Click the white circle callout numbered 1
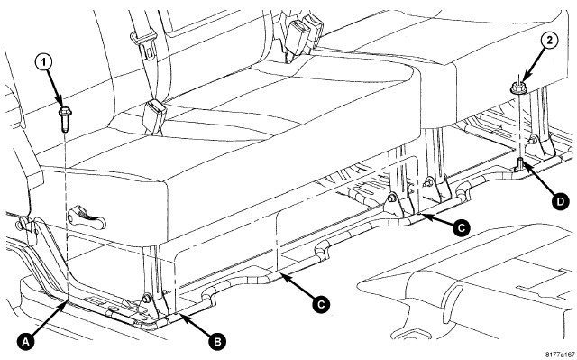pos(44,62)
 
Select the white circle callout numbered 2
pos(549,41)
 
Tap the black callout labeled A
pos(26,342)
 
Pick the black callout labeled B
pos(217,342)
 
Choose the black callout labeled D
pos(559,201)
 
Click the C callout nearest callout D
pos(461,227)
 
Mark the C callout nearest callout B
pos(321,304)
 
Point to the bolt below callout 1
pos(65,119)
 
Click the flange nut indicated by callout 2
pos(517,88)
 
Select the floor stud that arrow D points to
pos(520,163)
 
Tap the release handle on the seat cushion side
pos(87,219)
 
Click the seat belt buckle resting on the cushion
pos(154,116)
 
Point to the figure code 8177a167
pos(560,355)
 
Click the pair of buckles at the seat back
pos(304,35)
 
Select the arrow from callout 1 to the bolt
pos(54,86)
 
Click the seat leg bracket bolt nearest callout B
pos(146,298)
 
